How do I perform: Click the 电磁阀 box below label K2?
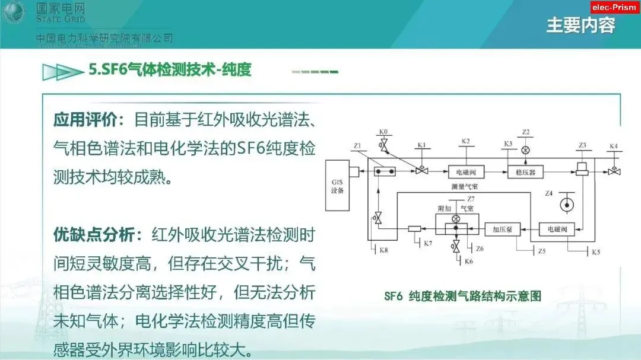coord(466,171)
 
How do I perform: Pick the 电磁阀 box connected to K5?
coord(556,228)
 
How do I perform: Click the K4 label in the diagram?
coord(613,146)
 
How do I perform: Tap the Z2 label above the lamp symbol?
coord(525,132)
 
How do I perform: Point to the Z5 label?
coord(541,251)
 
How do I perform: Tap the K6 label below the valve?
coord(468,262)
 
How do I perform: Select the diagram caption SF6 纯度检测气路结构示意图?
coord(462,296)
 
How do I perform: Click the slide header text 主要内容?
coord(580,26)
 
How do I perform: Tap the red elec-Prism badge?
coord(615,7)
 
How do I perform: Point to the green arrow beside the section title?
coord(62,72)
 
